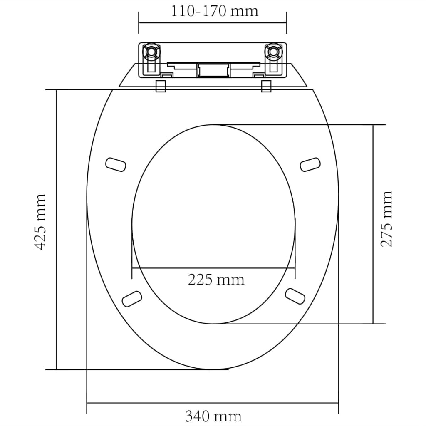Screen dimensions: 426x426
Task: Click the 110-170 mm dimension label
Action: pyautogui.click(x=214, y=10)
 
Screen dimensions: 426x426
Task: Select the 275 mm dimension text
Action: pyautogui.click(x=386, y=218)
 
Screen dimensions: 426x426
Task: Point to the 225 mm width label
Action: pyautogui.click(x=216, y=279)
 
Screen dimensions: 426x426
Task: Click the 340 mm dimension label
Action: pyautogui.click(x=213, y=416)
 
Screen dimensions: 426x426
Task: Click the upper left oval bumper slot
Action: pyautogui.click(x=116, y=164)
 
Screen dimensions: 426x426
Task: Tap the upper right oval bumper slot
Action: pyautogui.click(x=311, y=164)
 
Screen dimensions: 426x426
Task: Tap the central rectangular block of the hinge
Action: pyautogui.click(x=213, y=69)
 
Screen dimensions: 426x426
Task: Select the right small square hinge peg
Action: pyautogui.click(x=267, y=86)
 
